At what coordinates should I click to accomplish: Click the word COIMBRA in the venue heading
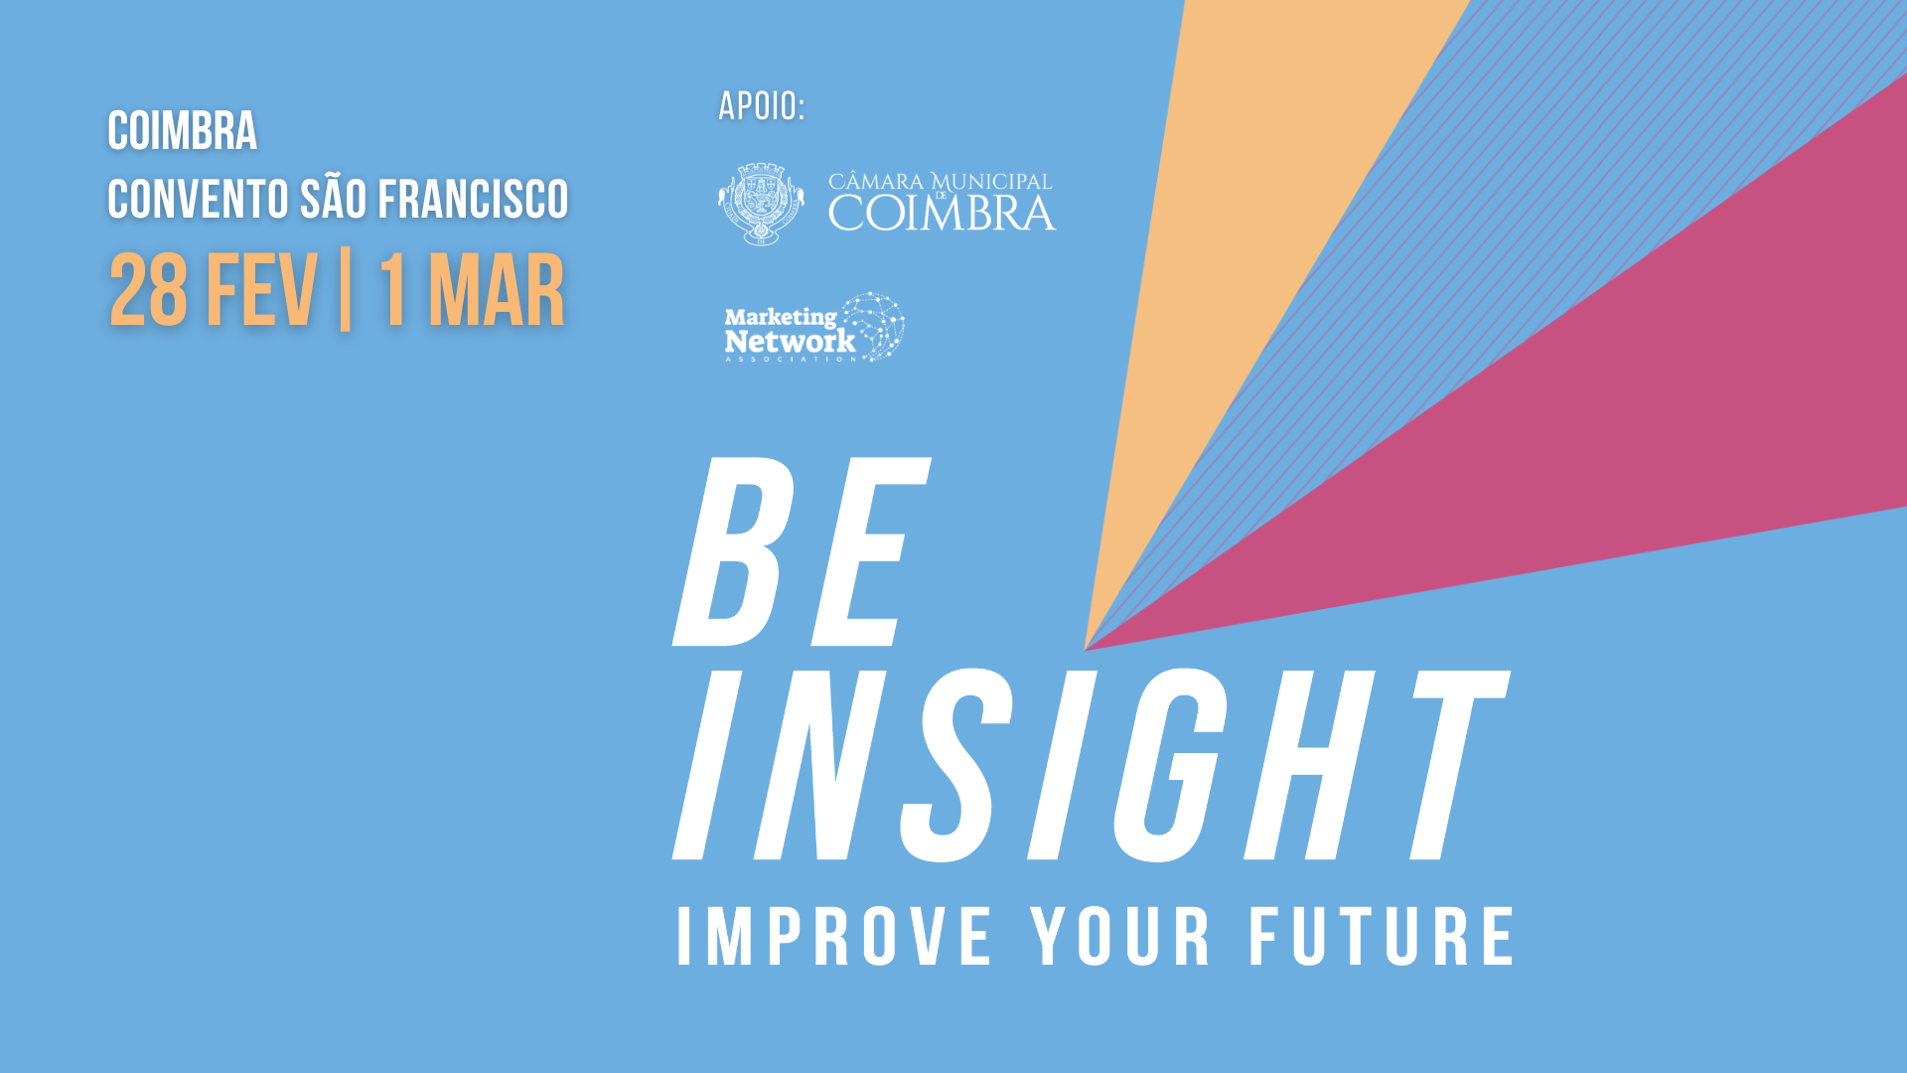(x=182, y=132)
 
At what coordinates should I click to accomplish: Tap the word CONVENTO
(x=198, y=200)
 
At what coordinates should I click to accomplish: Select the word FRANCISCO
(x=473, y=200)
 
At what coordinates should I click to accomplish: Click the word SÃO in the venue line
(x=334, y=199)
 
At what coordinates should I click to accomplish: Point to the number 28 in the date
(x=148, y=291)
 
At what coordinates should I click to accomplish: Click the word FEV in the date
(x=261, y=291)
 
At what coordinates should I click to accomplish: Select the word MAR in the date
(x=496, y=291)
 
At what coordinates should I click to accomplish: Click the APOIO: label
(x=761, y=106)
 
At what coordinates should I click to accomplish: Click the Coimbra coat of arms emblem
(x=761, y=204)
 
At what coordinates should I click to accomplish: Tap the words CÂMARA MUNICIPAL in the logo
(x=940, y=182)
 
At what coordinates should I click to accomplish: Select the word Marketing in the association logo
(x=781, y=317)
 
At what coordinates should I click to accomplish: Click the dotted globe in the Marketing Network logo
(x=875, y=325)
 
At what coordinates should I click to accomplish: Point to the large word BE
(x=801, y=552)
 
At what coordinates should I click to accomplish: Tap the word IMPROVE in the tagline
(x=834, y=937)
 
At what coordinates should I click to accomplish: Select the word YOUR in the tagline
(x=1120, y=937)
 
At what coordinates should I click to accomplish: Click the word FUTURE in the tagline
(x=1382, y=937)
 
